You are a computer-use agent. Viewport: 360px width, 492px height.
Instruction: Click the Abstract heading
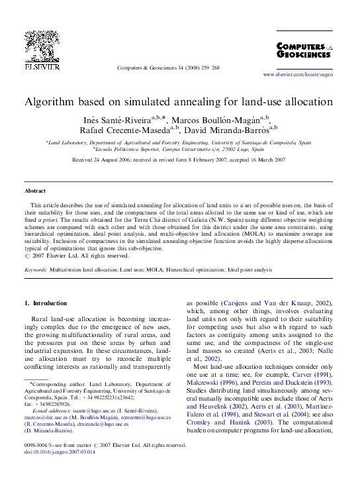click(35, 191)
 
